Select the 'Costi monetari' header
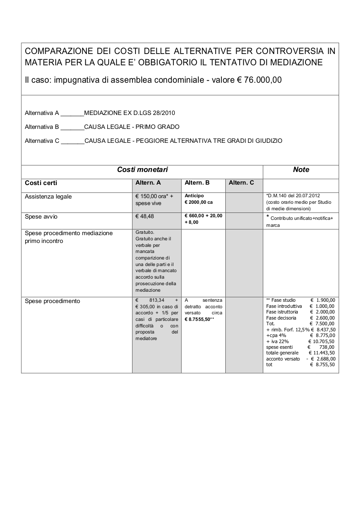[x=143, y=169]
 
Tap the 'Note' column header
[x=301, y=169]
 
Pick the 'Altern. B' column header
[x=197, y=183]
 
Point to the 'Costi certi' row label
[x=41, y=183]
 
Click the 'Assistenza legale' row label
[x=48, y=196]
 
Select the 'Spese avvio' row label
[x=41, y=216]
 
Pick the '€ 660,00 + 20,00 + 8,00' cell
[x=203, y=219]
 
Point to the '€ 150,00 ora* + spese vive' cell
[x=154, y=199]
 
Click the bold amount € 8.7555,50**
[x=200, y=319]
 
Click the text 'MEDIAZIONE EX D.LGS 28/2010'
[x=129, y=113]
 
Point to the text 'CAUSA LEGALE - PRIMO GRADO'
[x=132, y=127]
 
